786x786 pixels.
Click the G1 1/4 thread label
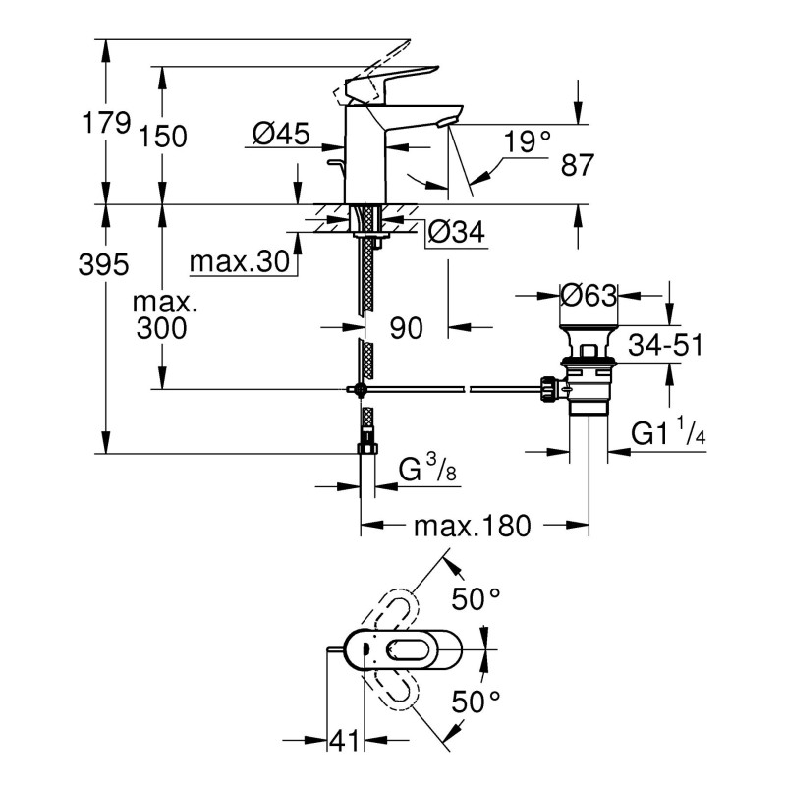(x=668, y=432)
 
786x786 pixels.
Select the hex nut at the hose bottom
(x=365, y=448)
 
